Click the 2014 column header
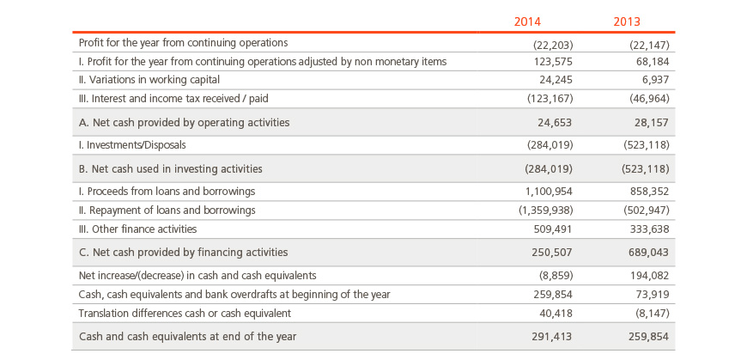pyautogui.click(x=527, y=21)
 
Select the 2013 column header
pyautogui.click(x=627, y=21)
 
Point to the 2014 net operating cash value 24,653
pyautogui.click(x=555, y=123)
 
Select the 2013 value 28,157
pyautogui.click(x=651, y=123)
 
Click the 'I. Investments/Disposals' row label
pyautogui.click(x=132, y=145)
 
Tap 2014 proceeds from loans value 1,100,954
pyautogui.click(x=548, y=192)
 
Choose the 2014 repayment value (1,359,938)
pyautogui.click(x=545, y=211)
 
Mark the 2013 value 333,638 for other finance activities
pyautogui.click(x=649, y=229)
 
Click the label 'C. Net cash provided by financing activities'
pyautogui.click(x=184, y=253)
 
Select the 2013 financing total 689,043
pyautogui.click(x=649, y=253)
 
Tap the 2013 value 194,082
pyautogui.click(x=649, y=276)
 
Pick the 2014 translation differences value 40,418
pyautogui.click(x=556, y=314)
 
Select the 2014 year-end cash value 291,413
pyautogui.click(x=552, y=337)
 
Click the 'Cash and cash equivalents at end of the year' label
pyautogui.click(x=188, y=337)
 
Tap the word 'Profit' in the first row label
pyautogui.click(x=88, y=43)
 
